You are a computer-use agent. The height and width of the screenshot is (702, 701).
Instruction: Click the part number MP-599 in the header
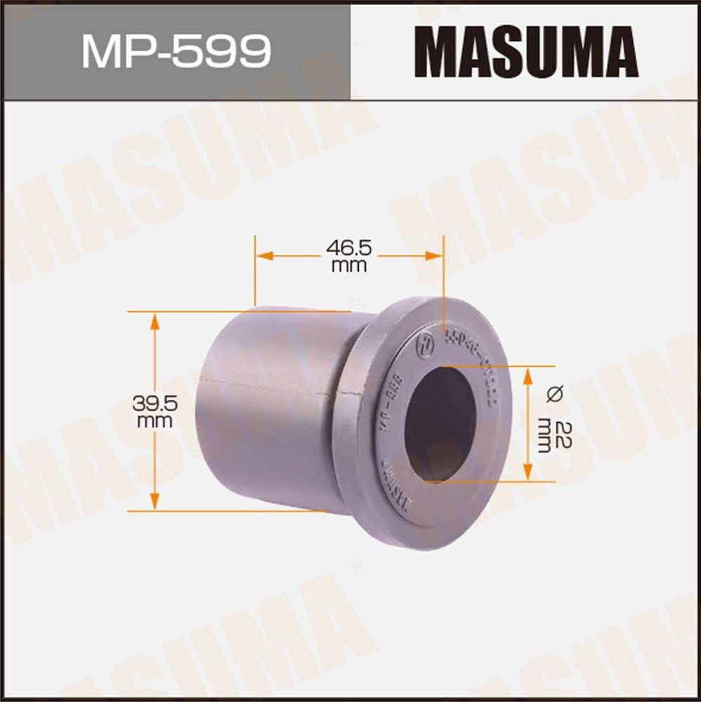(x=176, y=51)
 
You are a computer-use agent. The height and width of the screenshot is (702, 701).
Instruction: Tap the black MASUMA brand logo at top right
(x=525, y=51)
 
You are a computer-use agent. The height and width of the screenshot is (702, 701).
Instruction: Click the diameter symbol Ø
(x=553, y=394)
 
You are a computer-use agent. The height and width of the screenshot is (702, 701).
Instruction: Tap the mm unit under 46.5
(x=348, y=265)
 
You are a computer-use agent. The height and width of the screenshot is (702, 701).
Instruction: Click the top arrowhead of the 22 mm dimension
(x=528, y=373)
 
